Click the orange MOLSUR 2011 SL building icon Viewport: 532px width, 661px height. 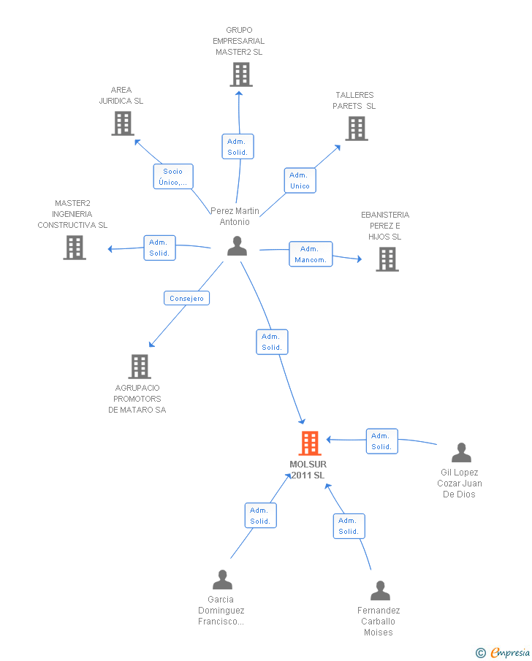click(x=310, y=443)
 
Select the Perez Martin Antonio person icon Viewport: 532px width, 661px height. click(x=237, y=245)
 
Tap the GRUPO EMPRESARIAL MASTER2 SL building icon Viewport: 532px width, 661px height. click(x=241, y=74)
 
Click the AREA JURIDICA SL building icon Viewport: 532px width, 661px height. click(x=123, y=123)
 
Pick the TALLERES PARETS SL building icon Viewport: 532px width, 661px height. click(x=357, y=129)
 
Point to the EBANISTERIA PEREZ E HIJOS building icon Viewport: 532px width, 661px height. click(x=387, y=259)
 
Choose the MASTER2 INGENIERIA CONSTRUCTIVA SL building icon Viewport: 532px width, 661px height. click(x=75, y=248)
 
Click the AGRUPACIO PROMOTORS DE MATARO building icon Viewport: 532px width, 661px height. click(x=140, y=367)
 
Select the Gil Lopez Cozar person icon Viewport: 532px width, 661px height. click(x=461, y=452)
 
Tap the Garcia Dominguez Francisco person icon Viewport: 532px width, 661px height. click(x=222, y=580)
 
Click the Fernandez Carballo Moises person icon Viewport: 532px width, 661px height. click(x=380, y=591)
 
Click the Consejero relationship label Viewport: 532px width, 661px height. click(x=186, y=298)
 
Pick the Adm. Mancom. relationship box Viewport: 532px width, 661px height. click(x=311, y=254)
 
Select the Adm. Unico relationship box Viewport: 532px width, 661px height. click(x=300, y=180)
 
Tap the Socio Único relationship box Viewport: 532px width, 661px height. click(x=173, y=177)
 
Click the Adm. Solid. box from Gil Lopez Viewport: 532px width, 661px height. click(x=381, y=441)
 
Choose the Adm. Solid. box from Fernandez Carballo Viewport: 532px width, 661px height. click(x=349, y=526)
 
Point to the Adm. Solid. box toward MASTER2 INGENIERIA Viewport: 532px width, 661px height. click(x=159, y=248)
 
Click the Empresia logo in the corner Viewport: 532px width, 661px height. click(x=503, y=652)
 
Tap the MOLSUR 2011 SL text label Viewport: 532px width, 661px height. click(x=308, y=470)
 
